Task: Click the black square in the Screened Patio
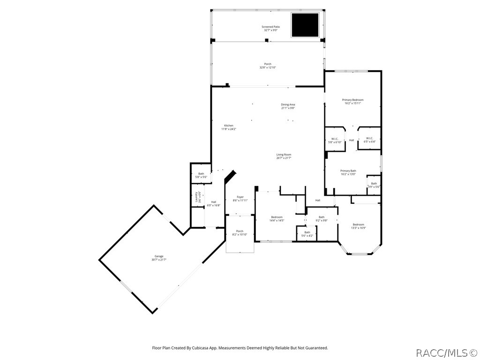(305, 25)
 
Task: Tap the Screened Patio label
(270, 29)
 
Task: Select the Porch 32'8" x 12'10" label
(268, 66)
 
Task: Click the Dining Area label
(288, 106)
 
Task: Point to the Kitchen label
(228, 127)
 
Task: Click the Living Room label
(284, 156)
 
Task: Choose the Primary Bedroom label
(352, 101)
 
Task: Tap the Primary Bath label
(348, 172)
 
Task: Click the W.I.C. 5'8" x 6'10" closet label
(335, 140)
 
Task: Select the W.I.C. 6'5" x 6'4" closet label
(369, 140)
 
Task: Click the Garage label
(159, 258)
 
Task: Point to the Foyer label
(240, 199)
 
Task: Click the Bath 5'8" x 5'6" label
(201, 175)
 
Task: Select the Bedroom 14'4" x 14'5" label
(277, 218)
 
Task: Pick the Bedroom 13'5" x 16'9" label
(358, 226)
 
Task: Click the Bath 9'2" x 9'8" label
(322, 218)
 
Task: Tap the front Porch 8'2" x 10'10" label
(240, 232)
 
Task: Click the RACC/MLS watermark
(447, 352)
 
